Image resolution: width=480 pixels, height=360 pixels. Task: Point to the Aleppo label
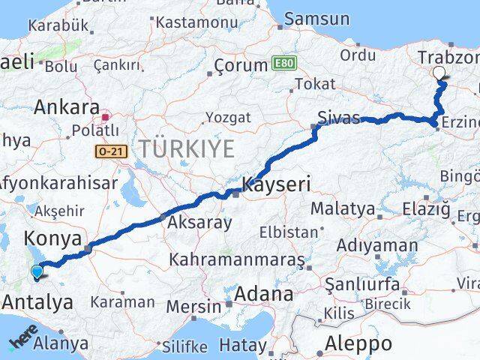coord(360,344)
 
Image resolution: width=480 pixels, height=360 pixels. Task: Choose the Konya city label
coord(52,239)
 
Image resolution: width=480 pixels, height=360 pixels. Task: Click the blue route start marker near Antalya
coord(37,273)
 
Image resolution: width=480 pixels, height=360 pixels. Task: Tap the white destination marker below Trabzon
coord(439,73)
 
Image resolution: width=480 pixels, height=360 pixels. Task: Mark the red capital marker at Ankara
coord(106,117)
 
